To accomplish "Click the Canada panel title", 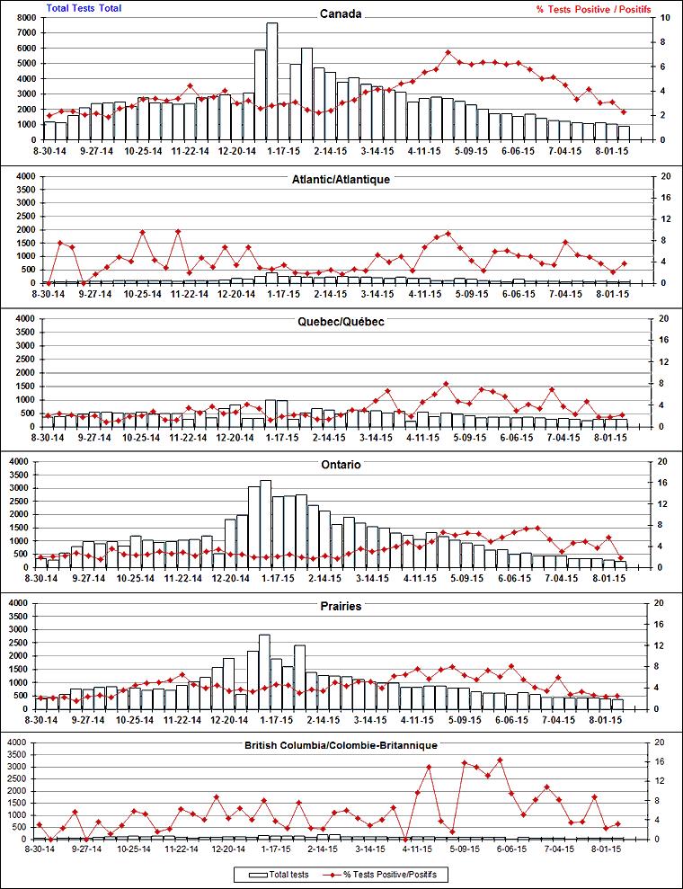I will coord(341,13).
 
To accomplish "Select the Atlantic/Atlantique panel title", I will coord(341,180).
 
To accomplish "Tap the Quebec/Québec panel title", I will coord(341,322).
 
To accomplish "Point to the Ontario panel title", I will coord(341,465).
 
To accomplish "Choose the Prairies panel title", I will coord(341,607).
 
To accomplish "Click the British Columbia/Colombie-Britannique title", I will coord(341,746).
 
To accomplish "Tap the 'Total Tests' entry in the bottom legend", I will coord(288,874).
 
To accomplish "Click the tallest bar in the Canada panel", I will coord(272,81).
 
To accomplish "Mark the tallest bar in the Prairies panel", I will coord(264,671).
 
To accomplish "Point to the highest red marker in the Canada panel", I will coord(448,54).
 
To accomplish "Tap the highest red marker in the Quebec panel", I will coord(447,384).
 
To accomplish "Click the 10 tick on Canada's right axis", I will coord(664,18).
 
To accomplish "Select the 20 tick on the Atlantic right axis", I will coord(664,176).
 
